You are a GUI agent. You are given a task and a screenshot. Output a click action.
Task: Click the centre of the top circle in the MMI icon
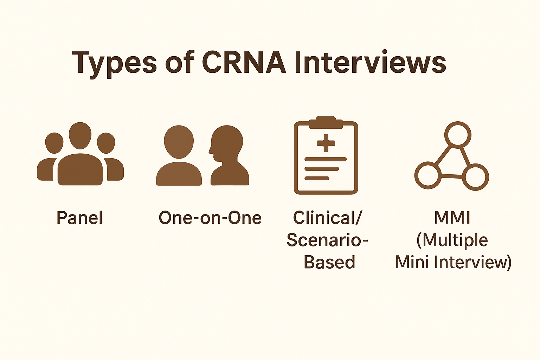tap(457, 135)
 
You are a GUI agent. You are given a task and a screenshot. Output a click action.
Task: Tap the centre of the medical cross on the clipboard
tap(326, 143)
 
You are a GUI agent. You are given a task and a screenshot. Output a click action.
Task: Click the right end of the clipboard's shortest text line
tap(329, 179)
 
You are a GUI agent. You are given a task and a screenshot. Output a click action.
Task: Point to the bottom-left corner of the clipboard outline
tap(294, 194)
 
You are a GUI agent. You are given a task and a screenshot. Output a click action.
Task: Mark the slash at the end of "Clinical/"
tap(358, 218)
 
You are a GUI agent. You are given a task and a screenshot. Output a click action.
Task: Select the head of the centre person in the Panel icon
tap(80, 135)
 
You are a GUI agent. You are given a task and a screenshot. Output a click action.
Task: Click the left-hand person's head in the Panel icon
tap(54, 143)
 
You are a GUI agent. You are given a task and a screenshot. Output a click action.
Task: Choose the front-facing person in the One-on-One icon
tap(179, 155)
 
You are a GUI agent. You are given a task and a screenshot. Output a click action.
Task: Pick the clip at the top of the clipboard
tap(326, 122)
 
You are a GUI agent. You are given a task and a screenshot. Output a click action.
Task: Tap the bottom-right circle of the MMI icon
tap(475, 177)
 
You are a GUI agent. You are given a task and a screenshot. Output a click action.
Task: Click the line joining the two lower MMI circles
tap(451, 176)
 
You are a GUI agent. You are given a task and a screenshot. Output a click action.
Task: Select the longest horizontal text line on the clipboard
tap(326, 159)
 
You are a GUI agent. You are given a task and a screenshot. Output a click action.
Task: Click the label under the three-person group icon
tap(79, 218)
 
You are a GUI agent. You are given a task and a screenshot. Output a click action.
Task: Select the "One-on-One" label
tap(210, 218)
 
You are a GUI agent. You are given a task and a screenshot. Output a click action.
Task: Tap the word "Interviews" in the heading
tap(370, 62)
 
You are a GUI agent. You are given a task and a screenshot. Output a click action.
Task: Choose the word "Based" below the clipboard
tap(329, 262)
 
